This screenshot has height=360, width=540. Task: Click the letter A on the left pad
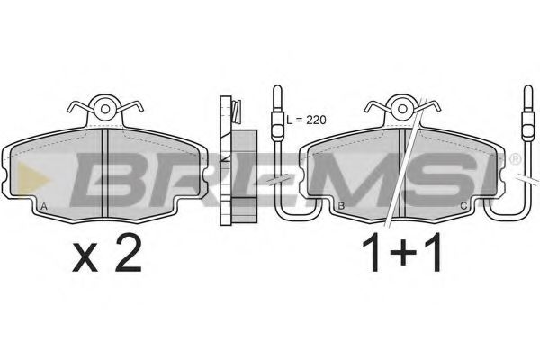(x=44, y=207)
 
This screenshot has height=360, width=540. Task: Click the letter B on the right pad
(x=341, y=206)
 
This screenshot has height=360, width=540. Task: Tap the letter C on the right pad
(x=463, y=206)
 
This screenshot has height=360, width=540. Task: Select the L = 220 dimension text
(x=306, y=120)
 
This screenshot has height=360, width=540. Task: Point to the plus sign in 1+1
(x=402, y=253)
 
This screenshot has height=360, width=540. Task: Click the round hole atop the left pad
(x=105, y=109)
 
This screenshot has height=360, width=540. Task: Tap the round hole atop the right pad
(x=402, y=109)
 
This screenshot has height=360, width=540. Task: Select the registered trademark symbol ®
(x=515, y=158)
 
